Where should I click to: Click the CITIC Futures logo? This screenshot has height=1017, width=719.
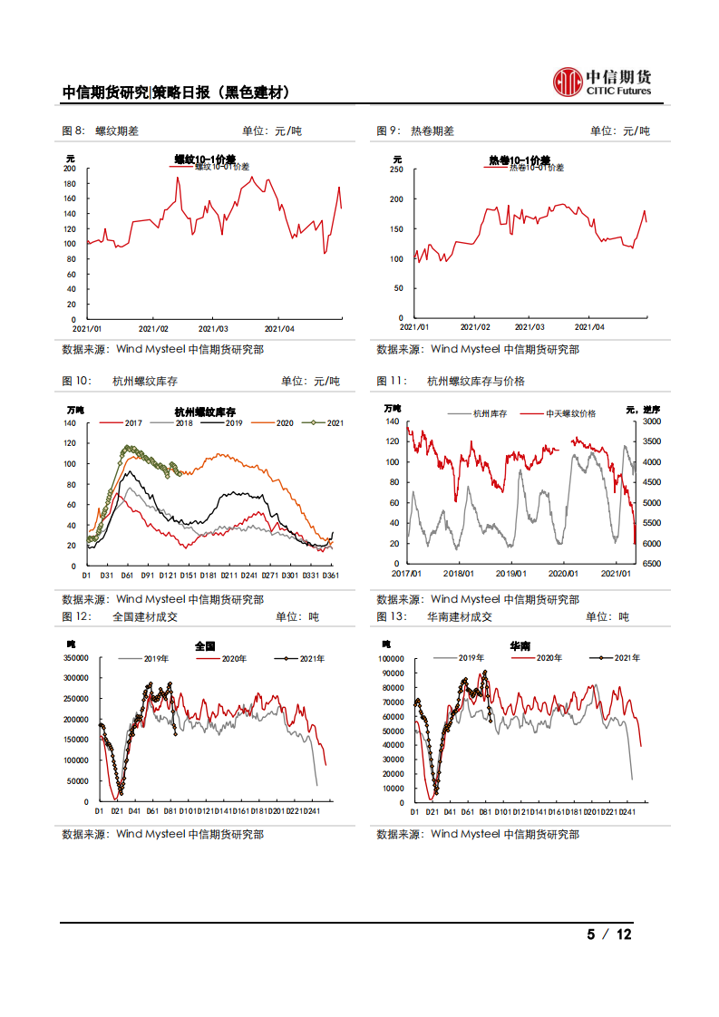pyautogui.click(x=602, y=81)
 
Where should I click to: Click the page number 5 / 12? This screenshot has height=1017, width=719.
pyautogui.click(x=609, y=935)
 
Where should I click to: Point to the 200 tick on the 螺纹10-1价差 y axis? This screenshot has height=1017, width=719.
pyautogui.click(x=70, y=169)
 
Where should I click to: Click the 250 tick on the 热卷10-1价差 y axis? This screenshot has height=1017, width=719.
pyautogui.click(x=395, y=169)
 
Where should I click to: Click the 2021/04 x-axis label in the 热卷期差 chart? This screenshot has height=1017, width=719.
pyautogui.click(x=589, y=327)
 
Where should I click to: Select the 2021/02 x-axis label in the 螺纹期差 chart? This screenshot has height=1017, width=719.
pyautogui.click(x=154, y=328)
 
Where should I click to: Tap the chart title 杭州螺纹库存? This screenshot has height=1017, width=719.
pyautogui.click(x=205, y=412)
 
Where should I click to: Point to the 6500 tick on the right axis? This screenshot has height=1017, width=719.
pyautogui.click(x=651, y=564)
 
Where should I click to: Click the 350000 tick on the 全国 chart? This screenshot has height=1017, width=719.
pyautogui.click(x=75, y=657)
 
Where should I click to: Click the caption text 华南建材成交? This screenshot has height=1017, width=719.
pyautogui.click(x=459, y=616)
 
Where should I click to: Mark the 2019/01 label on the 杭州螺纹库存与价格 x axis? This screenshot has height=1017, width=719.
pyautogui.click(x=512, y=573)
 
